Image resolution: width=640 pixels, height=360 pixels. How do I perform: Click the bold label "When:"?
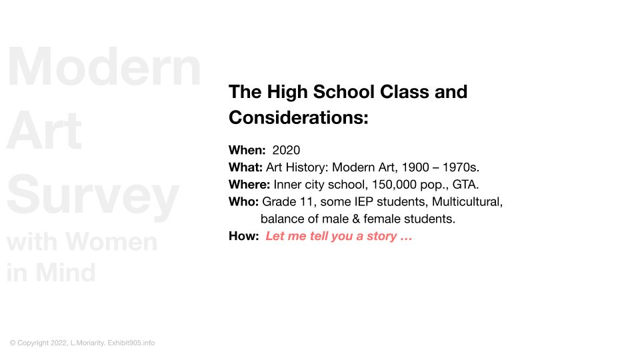click(247, 150)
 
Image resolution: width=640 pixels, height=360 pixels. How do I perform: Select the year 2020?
click(286, 150)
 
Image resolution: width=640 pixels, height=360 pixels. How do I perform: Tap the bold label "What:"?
click(245, 167)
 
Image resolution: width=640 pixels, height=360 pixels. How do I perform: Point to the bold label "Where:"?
click(249, 185)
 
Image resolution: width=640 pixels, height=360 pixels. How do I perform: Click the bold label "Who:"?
click(243, 201)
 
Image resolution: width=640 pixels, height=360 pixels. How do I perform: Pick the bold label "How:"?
click(243, 236)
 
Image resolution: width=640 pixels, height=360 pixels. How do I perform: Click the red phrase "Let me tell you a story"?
click(331, 236)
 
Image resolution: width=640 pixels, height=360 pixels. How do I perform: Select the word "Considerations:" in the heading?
click(299, 117)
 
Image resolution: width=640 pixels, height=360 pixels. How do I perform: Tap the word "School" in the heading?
click(344, 92)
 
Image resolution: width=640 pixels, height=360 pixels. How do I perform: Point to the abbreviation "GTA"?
click(464, 185)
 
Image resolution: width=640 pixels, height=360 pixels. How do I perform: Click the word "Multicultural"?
click(466, 201)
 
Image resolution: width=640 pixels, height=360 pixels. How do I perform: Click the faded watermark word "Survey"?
click(93, 195)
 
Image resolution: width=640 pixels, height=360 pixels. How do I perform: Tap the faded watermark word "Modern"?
click(104, 66)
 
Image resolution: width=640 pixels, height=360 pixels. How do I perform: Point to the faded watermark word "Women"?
click(111, 241)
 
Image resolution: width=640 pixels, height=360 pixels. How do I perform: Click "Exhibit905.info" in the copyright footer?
click(131, 343)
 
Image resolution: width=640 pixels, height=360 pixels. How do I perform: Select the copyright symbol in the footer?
click(13, 343)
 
